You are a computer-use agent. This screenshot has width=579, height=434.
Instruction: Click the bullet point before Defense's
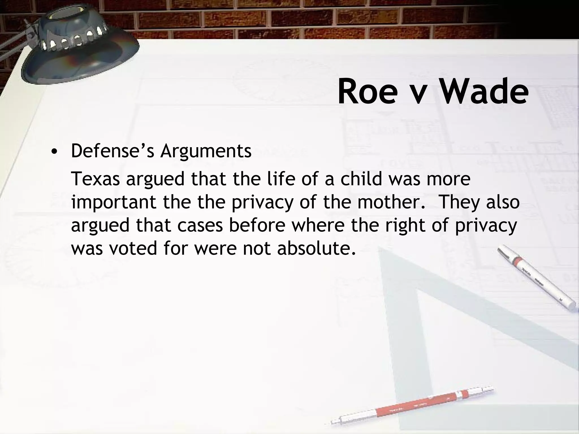[x=54, y=152]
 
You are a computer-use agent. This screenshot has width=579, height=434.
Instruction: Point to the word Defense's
[x=112, y=151]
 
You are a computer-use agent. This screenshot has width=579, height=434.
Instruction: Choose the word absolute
[x=316, y=248]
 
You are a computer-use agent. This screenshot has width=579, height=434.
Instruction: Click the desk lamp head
[x=76, y=42]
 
